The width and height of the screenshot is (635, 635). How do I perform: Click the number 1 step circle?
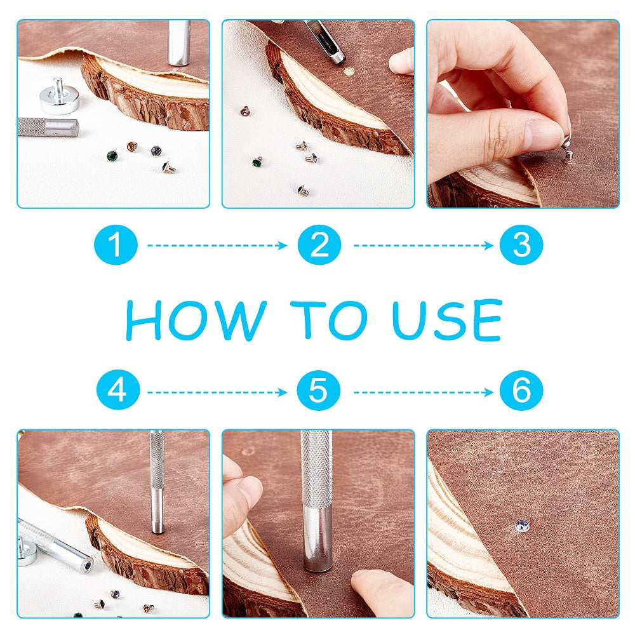[116, 244]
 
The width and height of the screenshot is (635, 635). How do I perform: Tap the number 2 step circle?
[319, 244]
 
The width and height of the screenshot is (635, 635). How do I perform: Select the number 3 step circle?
[521, 244]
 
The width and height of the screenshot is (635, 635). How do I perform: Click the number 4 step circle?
[118, 390]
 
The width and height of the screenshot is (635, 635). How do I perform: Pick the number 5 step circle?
[319, 390]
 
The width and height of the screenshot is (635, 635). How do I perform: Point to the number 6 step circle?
[521, 390]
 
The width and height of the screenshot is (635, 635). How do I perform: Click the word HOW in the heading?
[196, 320]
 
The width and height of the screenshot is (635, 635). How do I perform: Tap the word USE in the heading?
[447, 320]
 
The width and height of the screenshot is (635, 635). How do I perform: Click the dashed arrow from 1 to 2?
[217, 245]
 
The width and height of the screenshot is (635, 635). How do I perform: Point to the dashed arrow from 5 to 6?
[423, 392]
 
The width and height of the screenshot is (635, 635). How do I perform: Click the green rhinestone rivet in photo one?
[112, 156]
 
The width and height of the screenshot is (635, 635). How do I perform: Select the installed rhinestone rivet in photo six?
[521, 526]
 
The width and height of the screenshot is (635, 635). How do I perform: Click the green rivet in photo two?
[257, 163]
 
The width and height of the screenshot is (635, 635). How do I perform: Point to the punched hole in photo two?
[348, 72]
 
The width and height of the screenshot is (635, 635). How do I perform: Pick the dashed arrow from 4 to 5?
[217, 392]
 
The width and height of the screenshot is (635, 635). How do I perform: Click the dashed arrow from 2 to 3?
[423, 245]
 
